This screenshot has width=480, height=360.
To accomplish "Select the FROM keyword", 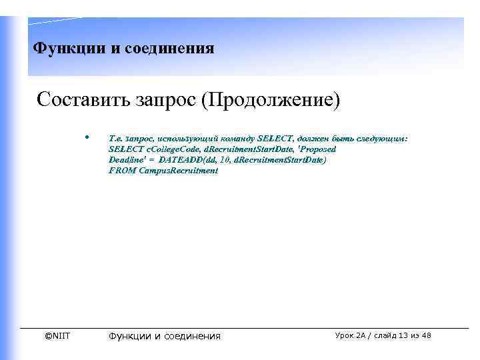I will (119, 171).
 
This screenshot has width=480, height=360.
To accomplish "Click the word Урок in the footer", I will (347, 335).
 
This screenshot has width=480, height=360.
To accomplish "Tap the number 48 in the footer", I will (425, 335).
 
